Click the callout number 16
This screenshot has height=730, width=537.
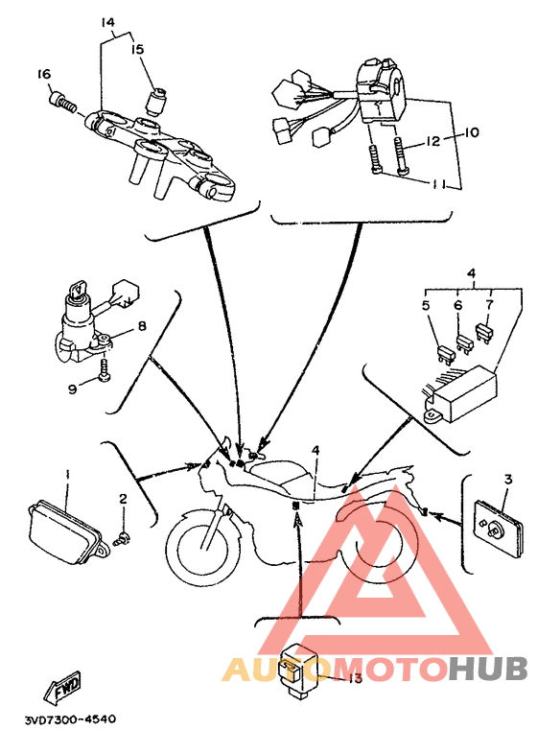(44, 74)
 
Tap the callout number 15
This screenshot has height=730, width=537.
(137, 49)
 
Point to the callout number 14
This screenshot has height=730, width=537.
(108, 22)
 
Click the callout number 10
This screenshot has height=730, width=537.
(471, 132)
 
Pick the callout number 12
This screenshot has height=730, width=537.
(432, 141)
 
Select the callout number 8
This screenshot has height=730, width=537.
(142, 325)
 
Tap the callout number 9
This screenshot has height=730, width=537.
(73, 389)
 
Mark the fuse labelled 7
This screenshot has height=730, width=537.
(484, 332)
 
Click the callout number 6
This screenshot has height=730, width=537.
(458, 305)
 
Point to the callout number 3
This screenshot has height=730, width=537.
(508, 479)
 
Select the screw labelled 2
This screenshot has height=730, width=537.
(123, 539)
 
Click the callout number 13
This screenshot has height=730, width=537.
(355, 678)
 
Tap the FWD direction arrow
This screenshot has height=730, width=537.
(63, 686)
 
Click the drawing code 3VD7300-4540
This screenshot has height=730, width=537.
(71, 719)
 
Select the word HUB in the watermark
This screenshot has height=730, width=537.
(488, 669)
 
